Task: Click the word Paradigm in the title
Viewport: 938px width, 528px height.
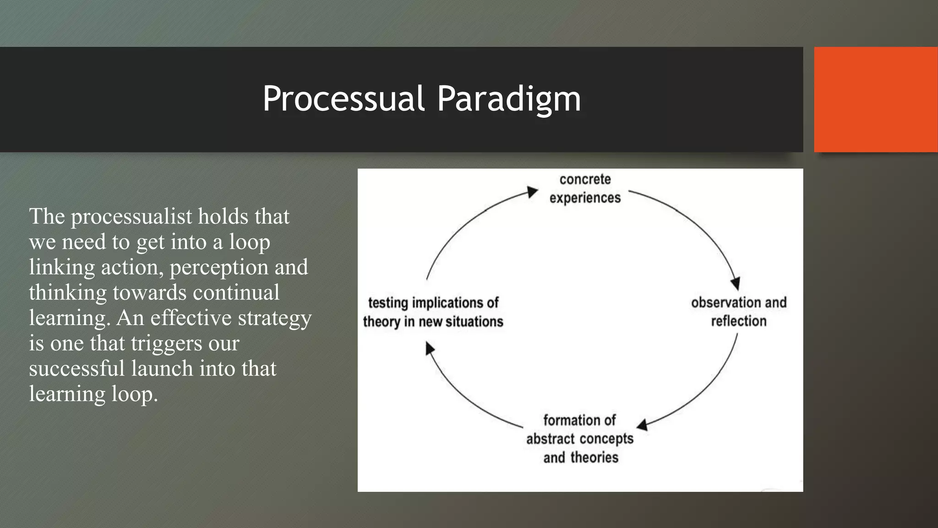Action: (x=508, y=99)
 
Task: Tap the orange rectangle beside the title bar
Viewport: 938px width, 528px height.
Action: (x=876, y=99)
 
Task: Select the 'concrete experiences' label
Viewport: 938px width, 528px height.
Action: (x=585, y=188)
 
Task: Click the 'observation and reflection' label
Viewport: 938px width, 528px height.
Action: (x=738, y=312)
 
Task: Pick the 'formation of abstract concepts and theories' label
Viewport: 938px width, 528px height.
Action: (x=580, y=439)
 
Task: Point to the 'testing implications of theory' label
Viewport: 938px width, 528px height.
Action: (x=433, y=312)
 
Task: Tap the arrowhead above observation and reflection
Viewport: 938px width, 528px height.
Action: (x=735, y=283)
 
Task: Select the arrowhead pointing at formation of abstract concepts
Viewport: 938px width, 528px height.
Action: (x=643, y=425)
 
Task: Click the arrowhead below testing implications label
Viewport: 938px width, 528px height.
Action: (x=429, y=349)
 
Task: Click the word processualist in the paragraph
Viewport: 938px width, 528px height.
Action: (x=131, y=216)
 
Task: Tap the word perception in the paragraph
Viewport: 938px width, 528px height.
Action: (x=219, y=267)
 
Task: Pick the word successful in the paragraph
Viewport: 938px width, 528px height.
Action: (x=76, y=368)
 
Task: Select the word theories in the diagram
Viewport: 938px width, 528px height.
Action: (x=594, y=457)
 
